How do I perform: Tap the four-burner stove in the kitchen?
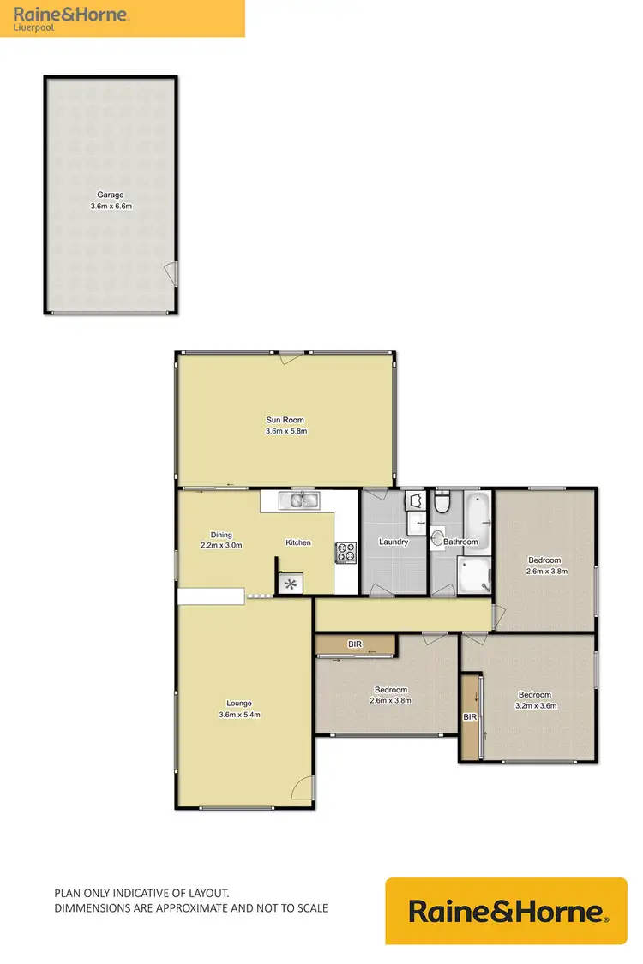coord(346,553)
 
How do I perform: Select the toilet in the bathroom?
coord(442,503)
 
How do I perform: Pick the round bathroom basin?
coord(438,538)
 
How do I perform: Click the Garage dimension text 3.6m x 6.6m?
coord(111,207)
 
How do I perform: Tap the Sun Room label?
coord(285,420)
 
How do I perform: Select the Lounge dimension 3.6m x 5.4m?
coord(239,715)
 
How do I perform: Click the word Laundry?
coord(394,542)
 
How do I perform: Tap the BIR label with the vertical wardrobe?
coord(470,716)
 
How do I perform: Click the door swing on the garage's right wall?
coord(171,274)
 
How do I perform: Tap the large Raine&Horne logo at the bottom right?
coord(507,911)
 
